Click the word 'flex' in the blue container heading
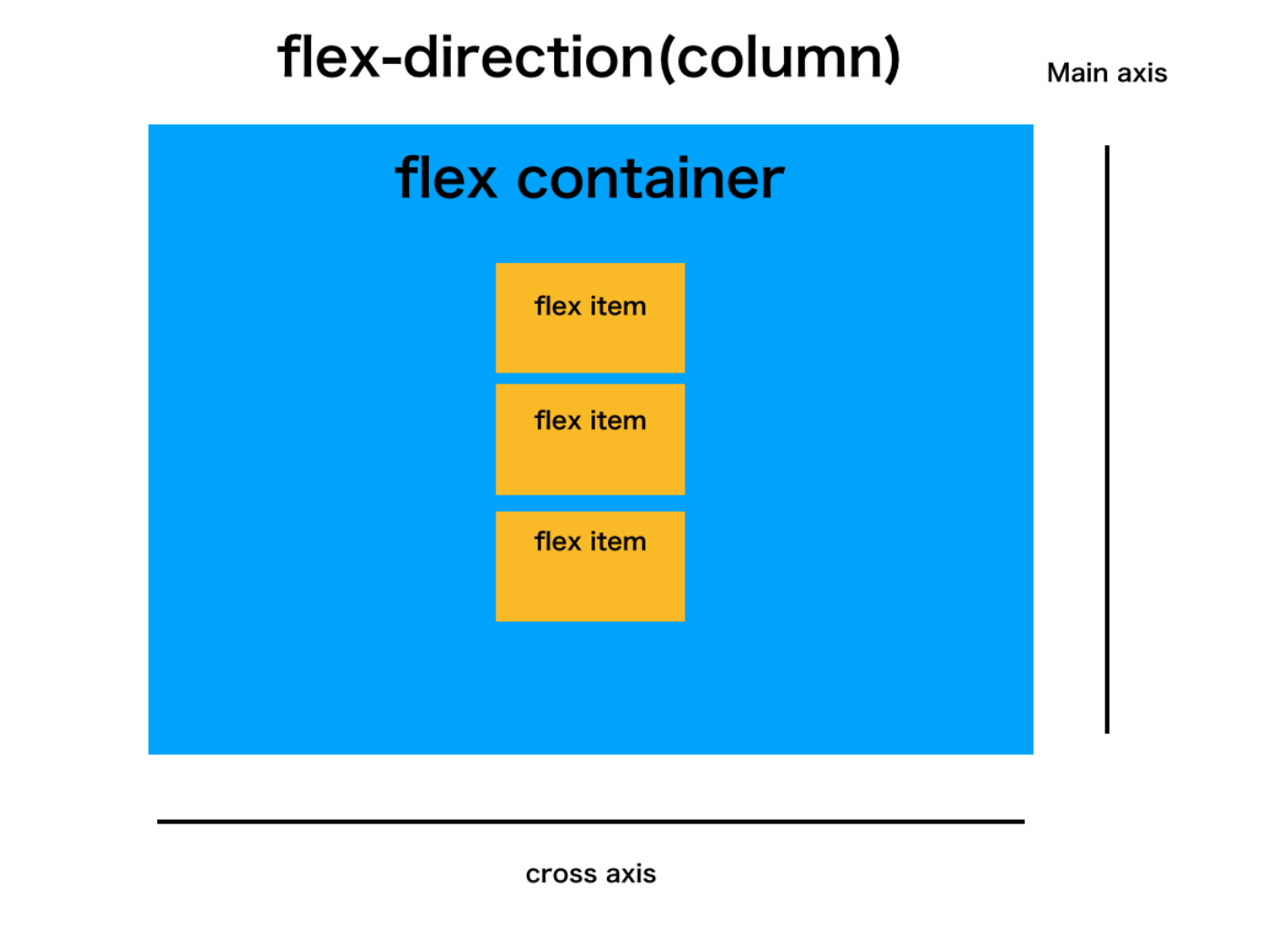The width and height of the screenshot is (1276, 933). coord(445,177)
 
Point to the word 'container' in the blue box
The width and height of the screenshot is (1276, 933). coord(650,179)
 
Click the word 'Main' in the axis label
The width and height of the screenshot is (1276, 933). coord(1077,73)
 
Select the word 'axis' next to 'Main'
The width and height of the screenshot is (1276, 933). coord(1142,73)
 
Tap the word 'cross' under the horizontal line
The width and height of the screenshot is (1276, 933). coord(560,875)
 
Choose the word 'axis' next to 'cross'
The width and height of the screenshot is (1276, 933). coord(631,875)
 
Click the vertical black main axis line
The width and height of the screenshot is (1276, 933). coord(1107,438)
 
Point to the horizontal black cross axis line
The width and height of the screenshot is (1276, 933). coord(591,822)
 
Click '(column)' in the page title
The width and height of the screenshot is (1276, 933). coord(779,58)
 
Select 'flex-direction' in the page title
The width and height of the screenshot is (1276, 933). coord(465,57)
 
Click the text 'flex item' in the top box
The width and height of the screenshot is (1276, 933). coord(590,307)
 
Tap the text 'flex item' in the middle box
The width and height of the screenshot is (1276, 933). coord(590,421)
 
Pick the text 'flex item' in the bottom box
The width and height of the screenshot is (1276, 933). coord(590,542)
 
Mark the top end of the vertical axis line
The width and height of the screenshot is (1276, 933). coord(1107,148)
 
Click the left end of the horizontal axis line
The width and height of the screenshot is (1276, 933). coord(160,822)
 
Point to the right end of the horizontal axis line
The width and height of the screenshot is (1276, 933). coord(1022,822)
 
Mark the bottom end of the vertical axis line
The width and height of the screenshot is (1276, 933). coord(1107,730)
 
